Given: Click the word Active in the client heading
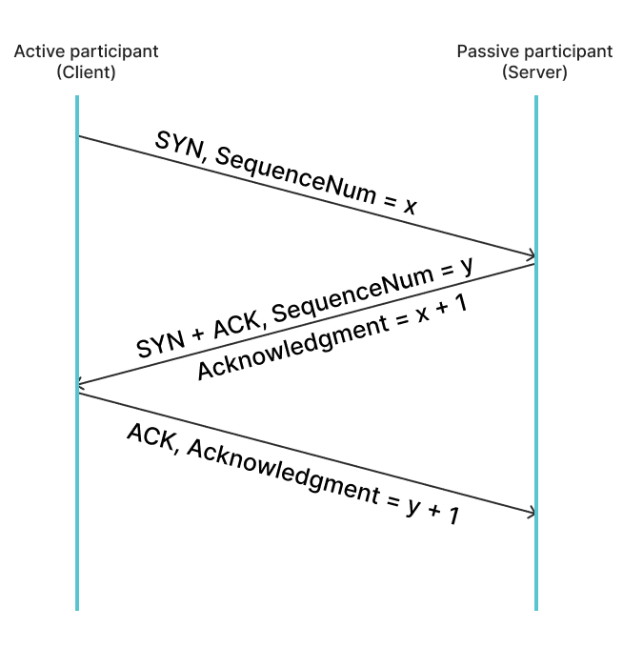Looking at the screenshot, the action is click(39, 51).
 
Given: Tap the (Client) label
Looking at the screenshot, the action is click(86, 72).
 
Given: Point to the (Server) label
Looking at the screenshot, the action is click(534, 72).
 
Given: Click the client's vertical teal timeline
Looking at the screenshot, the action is click(77, 353).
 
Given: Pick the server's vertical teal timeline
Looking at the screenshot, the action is click(536, 353).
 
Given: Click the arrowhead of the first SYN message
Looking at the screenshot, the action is click(532, 255).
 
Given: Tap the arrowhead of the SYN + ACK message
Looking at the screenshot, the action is click(81, 383).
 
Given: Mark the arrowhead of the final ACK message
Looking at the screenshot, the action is click(532, 513).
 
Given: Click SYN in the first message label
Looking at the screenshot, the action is click(178, 146).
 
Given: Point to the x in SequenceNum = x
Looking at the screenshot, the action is click(411, 205).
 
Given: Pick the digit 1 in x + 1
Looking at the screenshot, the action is click(461, 303).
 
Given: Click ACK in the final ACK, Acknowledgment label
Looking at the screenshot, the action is click(151, 437).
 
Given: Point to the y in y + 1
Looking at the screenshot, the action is click(414, 506).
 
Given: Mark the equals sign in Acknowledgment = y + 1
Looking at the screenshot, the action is click(393, 500).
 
